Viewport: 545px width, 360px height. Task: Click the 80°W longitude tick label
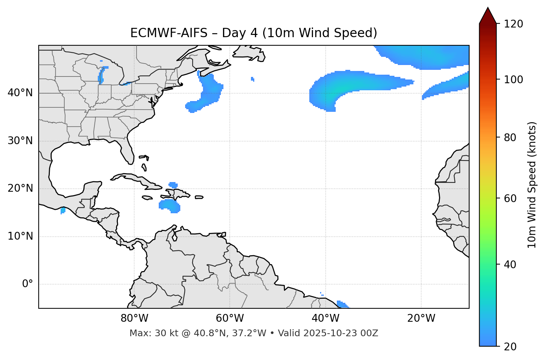[x=134, y=318]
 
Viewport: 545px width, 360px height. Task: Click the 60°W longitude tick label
[x=229, y=318]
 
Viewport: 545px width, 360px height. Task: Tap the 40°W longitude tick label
[x=325, y=318]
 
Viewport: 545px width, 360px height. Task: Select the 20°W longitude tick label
[x=421, y=318]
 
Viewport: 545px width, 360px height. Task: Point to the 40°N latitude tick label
[x=20, y=93]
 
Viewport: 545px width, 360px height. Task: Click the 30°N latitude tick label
[x=20, y=141]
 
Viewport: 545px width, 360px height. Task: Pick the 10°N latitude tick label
[x=20, y=236]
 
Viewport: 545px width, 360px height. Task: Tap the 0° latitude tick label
[x=28, y=284]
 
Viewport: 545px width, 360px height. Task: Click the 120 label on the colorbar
[x=513, y=24]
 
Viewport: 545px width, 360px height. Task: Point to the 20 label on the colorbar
[x=510, y=347]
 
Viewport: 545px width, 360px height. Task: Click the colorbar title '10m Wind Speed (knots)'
[x=532, y=185]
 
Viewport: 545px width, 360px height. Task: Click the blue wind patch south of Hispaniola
[x=170, y=205]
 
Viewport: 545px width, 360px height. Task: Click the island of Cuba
[x=134, y=178]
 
